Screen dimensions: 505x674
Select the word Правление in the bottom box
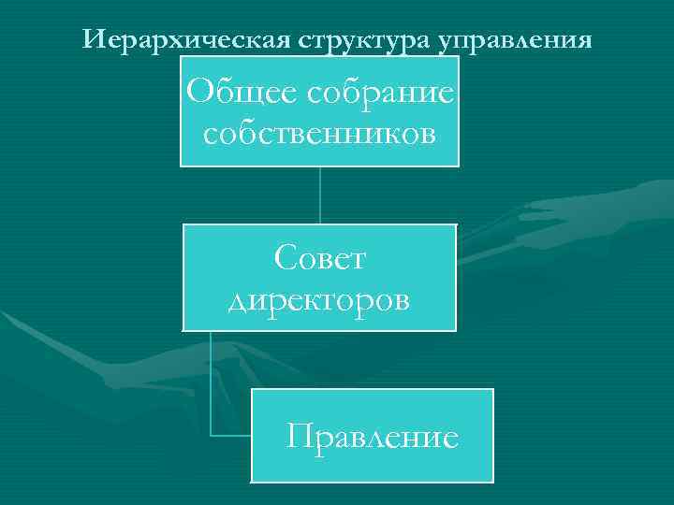(373, 436)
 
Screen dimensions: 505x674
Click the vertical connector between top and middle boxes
(320, 195)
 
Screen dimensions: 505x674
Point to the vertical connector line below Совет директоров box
(212, 383)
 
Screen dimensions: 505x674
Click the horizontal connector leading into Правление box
(231, 435)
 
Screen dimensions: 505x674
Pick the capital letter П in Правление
(301, 436)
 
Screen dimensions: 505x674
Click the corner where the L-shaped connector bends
(212, 435)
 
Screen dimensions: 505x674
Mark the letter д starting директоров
(240, 301)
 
